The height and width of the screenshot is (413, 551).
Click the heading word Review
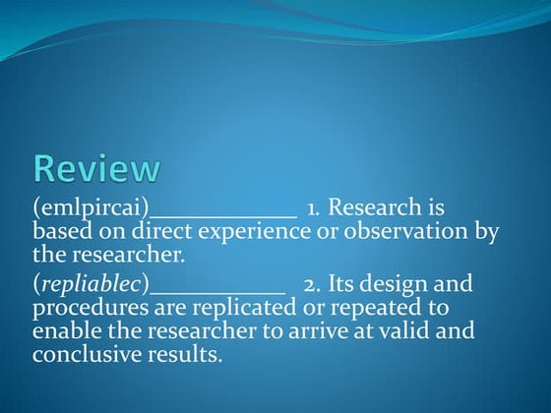pos(95,168)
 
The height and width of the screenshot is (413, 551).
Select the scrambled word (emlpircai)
pos(91,209)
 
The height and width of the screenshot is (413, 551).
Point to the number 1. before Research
pos(314,209)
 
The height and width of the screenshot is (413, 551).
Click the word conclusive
pos(87,352)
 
